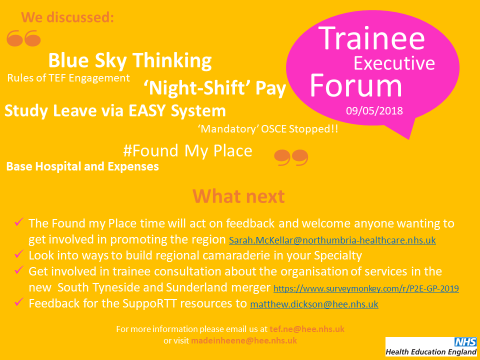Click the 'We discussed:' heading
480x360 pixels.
[x=67, y=17]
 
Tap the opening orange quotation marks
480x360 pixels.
[x=23, y=38]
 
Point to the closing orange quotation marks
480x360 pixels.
[x=291, y=157]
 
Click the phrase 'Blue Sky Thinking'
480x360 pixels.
[x=130, y=60]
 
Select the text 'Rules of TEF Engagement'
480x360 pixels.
[x=68, y=78]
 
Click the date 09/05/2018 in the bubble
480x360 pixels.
[x=374, y=110]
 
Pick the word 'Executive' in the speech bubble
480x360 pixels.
[x=394, y=63]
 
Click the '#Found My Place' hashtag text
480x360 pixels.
[x=187, y=150]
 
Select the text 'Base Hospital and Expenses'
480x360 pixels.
[x=82, y=166]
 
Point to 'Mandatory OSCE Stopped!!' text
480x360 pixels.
[x=268, y=129]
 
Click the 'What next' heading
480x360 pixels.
[x=238, y=196]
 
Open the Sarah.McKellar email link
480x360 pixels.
[x=332, y=240]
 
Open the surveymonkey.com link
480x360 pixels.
[x=366, y=288]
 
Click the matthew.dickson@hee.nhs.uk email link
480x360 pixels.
[x=314, y=304]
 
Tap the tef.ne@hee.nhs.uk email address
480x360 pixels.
[x=306, y=329]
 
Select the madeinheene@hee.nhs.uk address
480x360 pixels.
[x=244, y=340]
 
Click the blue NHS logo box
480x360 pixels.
[x=465, y=341]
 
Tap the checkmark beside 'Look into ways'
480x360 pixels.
[x=19, y=253]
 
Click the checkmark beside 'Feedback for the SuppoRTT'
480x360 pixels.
[x=19, y=301]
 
